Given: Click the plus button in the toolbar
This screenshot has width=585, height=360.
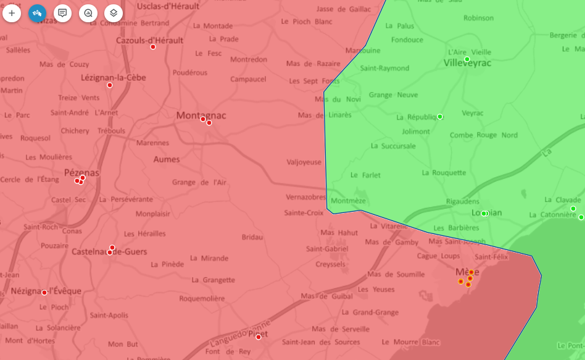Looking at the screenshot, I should click(x=12, y=12).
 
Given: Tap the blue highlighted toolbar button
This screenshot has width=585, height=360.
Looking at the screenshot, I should click(x=38, y=12).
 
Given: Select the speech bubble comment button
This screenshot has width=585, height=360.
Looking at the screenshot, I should click(x=62, y=12).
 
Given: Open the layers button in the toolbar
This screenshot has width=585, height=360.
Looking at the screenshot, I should click(x=114, y=12).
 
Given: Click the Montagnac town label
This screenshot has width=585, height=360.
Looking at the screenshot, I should click(x=201, y=115).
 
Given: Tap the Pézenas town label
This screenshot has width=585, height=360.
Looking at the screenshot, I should click(x=81, y=173).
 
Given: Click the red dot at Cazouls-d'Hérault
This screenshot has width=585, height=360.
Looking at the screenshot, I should click(x=153, y=47).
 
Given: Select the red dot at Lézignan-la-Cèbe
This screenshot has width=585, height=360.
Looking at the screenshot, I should click(x=110, y=85).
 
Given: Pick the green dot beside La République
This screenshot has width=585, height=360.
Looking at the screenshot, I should click(x=440, y=117).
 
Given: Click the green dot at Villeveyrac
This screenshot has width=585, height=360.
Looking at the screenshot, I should click(x=467, y=59).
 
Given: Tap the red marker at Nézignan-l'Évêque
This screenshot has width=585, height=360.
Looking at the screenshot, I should click(x=44, y=293).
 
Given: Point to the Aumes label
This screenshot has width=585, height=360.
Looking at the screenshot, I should click(x=167, y=159).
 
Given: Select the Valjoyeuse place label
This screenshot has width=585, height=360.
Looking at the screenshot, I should click(x=304, y=162).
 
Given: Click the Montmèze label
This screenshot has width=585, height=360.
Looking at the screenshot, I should click(x=348, y=201).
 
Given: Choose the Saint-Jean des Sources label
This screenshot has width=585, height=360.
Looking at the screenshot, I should click(x=321, y=342).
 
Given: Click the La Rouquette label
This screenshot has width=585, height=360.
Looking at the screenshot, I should click(x=444, y=173).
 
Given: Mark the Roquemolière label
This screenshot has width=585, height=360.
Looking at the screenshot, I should click(x=202, y=298).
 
